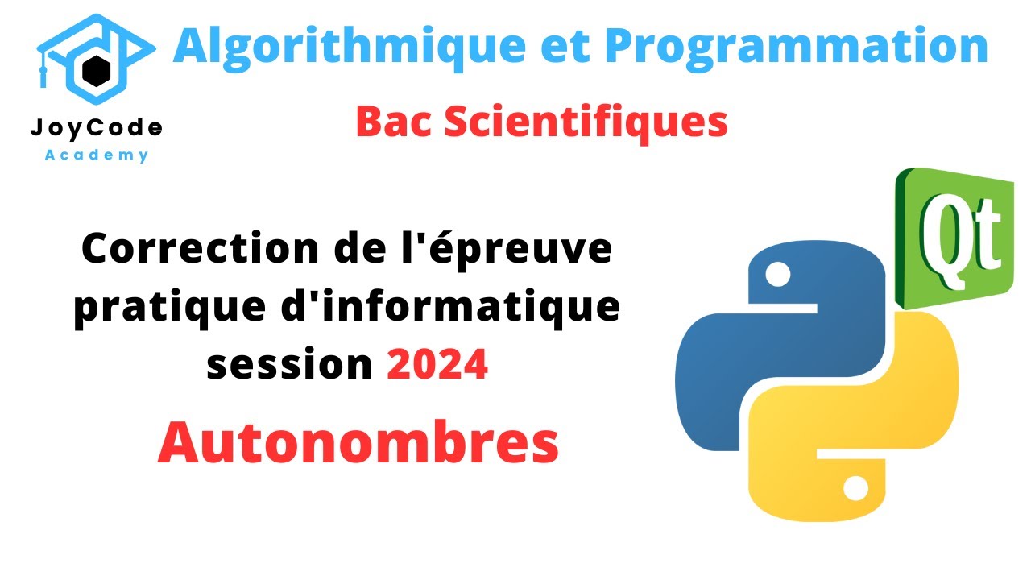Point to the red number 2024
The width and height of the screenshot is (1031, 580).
(x=437, y=366)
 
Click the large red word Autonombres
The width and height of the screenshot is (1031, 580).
(x=358, y=442)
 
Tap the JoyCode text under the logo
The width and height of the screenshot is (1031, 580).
(x=96, y=127)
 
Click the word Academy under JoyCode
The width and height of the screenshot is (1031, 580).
(x=96, y=155)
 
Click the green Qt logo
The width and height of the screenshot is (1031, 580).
(x=954, y=238)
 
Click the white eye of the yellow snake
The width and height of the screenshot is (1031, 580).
(x=855, y=487)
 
